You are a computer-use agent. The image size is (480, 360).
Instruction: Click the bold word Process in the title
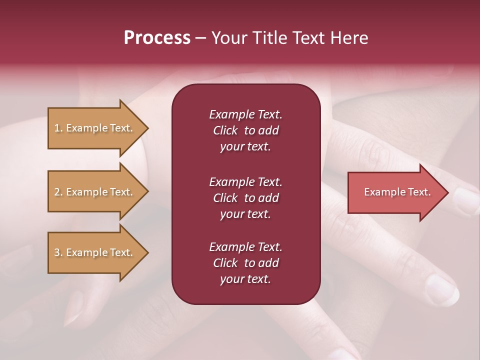coord(157,38)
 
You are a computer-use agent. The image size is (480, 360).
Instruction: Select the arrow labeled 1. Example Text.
coord(95,128)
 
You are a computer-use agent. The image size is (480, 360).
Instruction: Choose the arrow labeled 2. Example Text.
coord(95,192)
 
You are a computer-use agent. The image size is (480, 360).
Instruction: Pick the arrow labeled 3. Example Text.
coord(95,252)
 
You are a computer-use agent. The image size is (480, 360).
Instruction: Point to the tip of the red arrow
coord(447,192)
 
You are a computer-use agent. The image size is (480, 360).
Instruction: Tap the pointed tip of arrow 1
coord(147,128)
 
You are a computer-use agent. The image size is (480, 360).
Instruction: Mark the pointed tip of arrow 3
coord(147,252)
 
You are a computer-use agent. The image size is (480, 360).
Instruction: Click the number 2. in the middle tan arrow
coord(58,192)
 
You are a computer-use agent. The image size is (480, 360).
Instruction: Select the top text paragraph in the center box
coord(245,130)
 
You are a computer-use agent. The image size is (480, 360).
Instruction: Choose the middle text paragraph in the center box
coord(245,198)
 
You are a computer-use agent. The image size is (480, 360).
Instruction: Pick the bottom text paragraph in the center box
coord(245,263)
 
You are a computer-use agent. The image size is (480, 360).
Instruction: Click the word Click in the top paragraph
coord(225,130)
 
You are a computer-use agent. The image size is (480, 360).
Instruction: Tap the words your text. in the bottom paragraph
coord(245,279)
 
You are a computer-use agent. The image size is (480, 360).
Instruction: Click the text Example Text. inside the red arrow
coord(397,192)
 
